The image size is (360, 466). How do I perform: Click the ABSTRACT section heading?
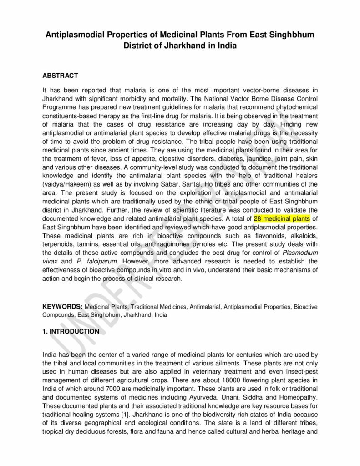tap(60, 76)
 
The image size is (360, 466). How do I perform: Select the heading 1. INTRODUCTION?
tap(71, 331)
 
